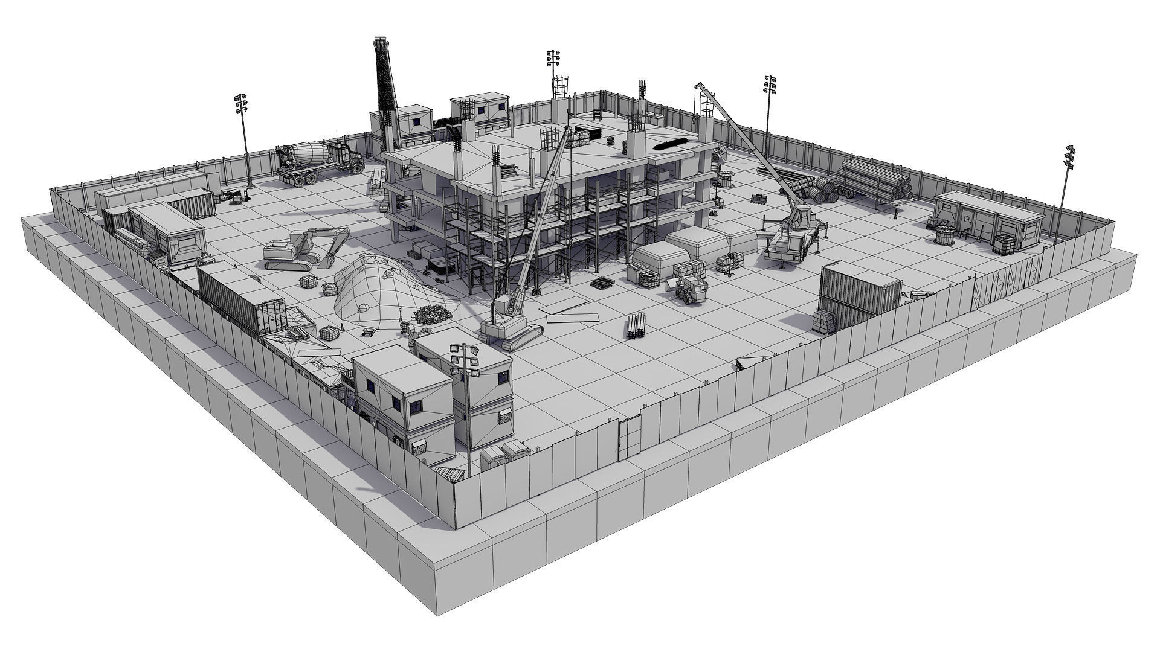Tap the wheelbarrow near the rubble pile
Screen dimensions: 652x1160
(369, 332)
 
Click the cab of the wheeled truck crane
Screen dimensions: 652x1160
(802, 215)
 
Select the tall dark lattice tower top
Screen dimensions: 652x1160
(380, 43)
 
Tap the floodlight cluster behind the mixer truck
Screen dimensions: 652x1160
(241, 104)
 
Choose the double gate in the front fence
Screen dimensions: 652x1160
(629, 435)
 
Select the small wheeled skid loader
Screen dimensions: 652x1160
(689, 289)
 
